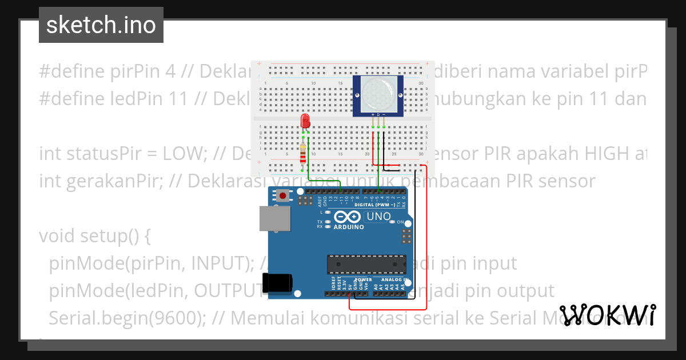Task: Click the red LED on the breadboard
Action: [x=305, y=121]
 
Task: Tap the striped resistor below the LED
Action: [x=302, y=154]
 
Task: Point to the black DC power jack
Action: [x=277, y=282]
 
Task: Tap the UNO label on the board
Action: [x=378, y=217]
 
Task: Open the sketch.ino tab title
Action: [x=101, y=25]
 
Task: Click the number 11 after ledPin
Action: [x=179, y=99]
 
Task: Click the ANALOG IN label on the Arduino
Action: [x=391, y=280]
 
